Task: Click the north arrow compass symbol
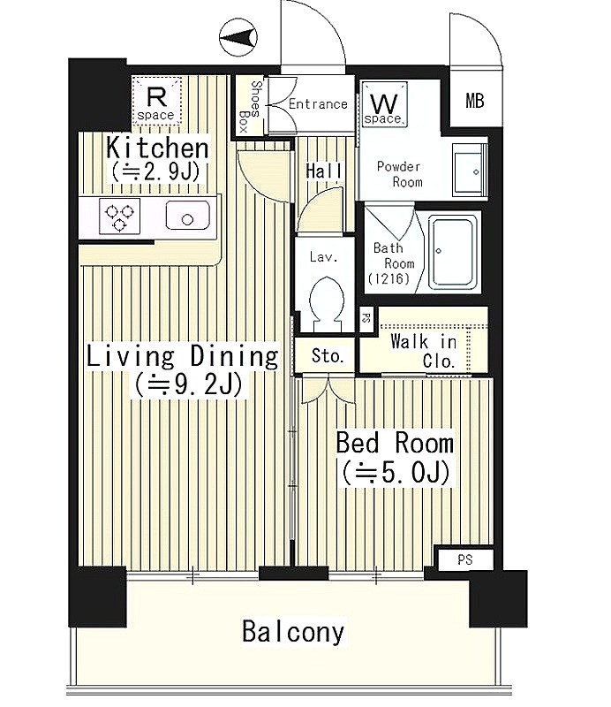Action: point(238,37)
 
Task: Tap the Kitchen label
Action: point(157,148)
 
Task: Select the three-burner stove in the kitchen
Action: point(119,216)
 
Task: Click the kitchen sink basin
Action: point(187,216)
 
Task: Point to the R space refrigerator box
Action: point(157,100)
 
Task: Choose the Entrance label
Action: point(318,104)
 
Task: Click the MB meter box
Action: point(475,100)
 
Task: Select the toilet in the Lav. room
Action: point(327,300)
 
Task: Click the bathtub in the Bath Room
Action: point(453,253)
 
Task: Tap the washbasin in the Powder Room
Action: point(469,171)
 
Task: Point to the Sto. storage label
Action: point(328,356)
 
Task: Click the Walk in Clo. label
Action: point(424,351)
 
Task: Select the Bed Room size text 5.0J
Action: point(396,473)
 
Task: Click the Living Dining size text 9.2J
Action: point(188,384)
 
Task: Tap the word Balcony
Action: point(293,632)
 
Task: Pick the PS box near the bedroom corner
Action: point(465,559)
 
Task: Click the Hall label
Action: point(323,171)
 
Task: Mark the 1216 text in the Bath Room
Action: point(388,278)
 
